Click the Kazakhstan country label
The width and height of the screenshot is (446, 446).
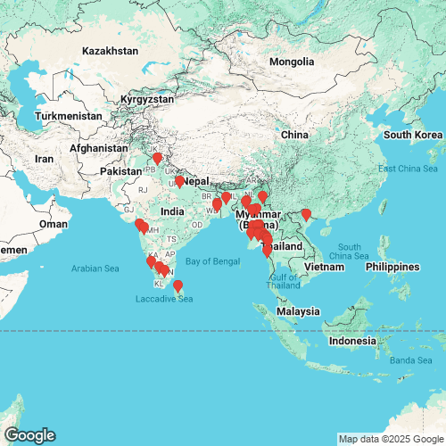tap(111, 51)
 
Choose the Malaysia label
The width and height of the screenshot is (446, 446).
tap(297, 311)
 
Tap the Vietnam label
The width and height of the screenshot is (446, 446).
tap(324, 267)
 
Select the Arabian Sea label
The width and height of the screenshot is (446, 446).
tap(97, 267)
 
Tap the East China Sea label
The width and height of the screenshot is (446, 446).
tap(409, 169)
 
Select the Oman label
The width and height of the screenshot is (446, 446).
tap(53, 225)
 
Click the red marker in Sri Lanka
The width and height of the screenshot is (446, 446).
tap(178, 286)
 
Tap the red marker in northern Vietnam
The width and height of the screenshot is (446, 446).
tap(306, 214)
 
